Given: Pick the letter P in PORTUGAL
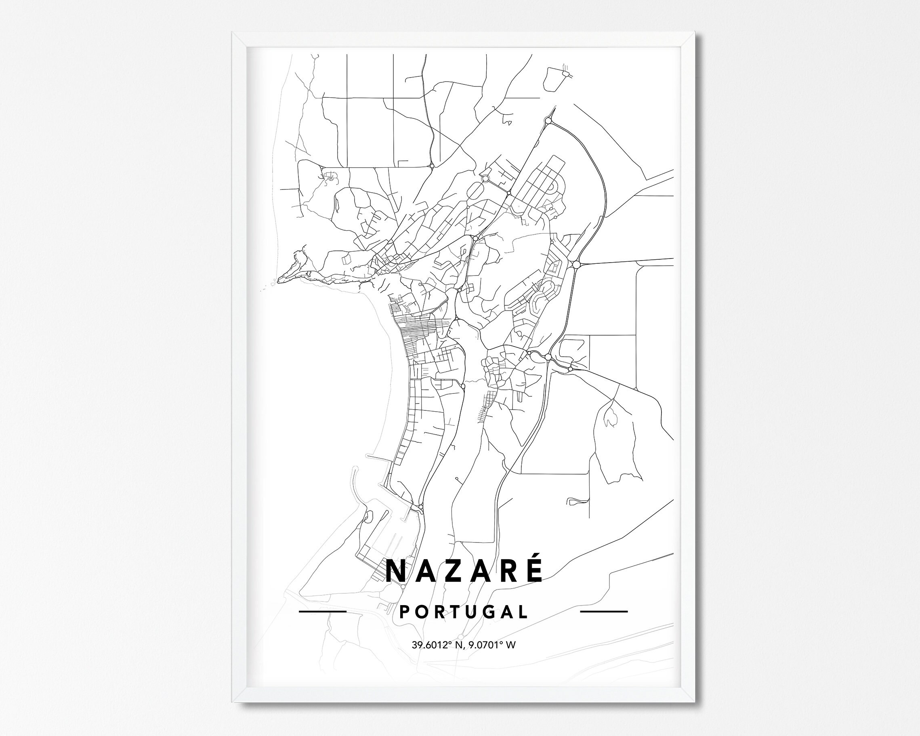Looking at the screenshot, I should point(404,612).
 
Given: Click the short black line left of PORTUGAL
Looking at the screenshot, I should point(322,612).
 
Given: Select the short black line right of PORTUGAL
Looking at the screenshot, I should point(604,612).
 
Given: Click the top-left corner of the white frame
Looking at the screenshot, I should point(233,33).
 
